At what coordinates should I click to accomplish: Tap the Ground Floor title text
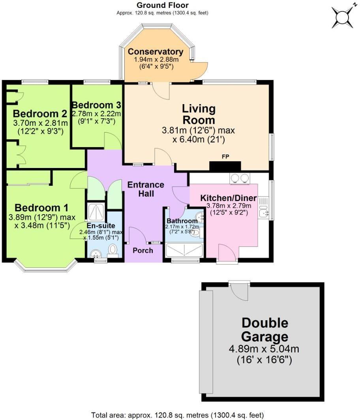pyautogui.click(x=162, y=6)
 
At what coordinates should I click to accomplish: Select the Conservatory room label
pyautogui.click(x=156, y=52)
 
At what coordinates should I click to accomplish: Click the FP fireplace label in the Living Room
pyautogui.click(x=225, y=157)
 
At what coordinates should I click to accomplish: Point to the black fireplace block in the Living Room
pyautogui.click(x=225, y=166)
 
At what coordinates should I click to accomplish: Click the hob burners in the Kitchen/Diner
pyautogui.click(x=239, y=178)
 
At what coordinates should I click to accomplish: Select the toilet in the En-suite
pyautogui.click(x=113, y=250)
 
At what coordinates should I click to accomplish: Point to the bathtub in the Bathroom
pyautogui.click(x=184, y=250)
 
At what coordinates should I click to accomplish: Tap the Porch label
pyautogui.click(x=142, y=250)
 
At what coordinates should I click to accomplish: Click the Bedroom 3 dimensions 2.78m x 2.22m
pyautogui.click(x=96, y=114)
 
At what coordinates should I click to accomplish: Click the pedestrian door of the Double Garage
pyautogui.click(x=239, y=290)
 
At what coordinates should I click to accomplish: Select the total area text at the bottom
pyautogui.click(x=177, y=415)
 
